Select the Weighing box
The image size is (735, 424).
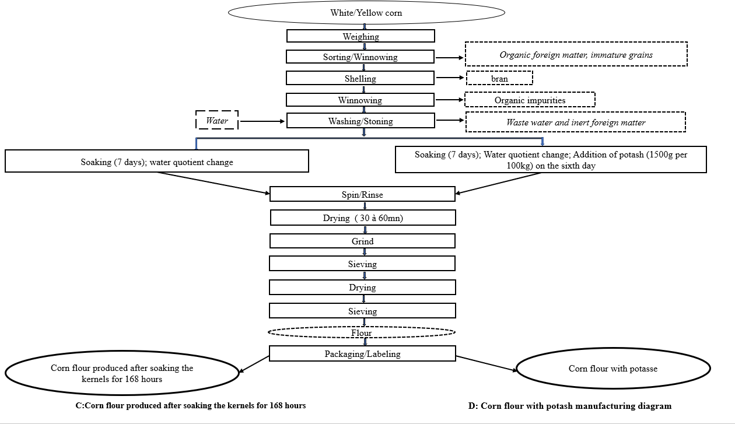pos(360,36)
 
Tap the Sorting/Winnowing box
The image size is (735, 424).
pos(360,57)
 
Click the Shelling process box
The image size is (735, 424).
pos(360,78)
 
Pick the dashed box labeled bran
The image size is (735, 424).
pos(499,78)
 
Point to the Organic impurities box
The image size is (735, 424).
pos(530,100)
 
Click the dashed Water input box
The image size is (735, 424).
pos(217,120)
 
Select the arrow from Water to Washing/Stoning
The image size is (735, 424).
pos(262,121)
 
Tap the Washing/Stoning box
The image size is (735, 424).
pos(360,121)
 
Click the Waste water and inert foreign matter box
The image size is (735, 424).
pos(576,122)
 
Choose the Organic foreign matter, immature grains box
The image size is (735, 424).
pos(576,54)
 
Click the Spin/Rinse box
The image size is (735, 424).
pos(362,194)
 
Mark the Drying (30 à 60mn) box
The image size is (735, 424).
pos(363,218)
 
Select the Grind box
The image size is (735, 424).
pos(362,241)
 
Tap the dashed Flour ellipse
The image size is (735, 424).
pos(362,332)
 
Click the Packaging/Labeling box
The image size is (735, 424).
pos(362,353)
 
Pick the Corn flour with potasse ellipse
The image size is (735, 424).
pos(613,368)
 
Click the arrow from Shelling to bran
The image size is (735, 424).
pos(450,78)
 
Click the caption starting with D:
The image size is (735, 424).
pos(569,406)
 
